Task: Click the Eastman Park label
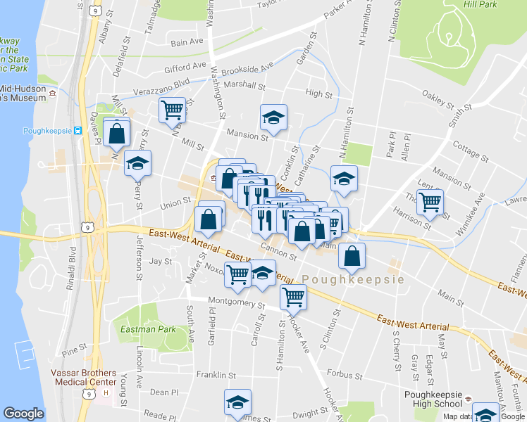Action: coord(148,328)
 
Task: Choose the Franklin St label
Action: coord(214,374)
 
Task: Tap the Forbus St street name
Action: coord(344,375)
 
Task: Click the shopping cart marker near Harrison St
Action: coord(429,202)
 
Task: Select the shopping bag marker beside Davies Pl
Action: coord(117,131)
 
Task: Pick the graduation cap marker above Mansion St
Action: coord(273,117)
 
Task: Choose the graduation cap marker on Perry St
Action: coord(137,163)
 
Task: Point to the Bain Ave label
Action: coord(187,42)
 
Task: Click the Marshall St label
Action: coord(247,87)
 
